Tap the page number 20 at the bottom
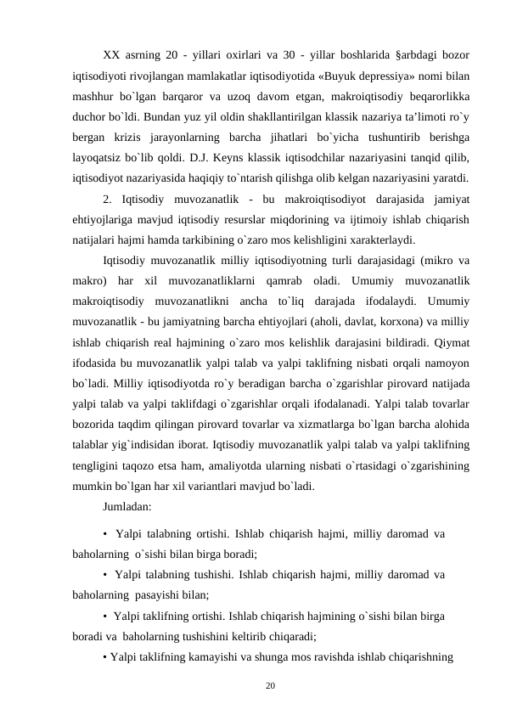coord(270,683)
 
